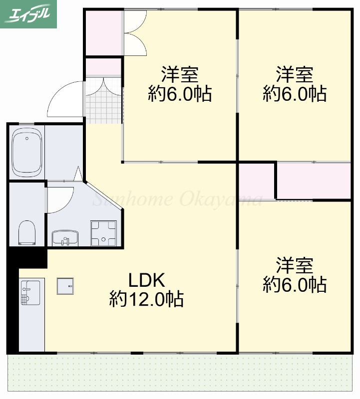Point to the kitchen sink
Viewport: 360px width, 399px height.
pyautogui.click(x=30, y=293)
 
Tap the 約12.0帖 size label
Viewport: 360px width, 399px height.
pyautogui.click(x=146, y=299)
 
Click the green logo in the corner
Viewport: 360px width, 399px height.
pyautogui.click(x=28, y=14)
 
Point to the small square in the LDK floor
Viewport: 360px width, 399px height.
pyautogui.click(x=65, y=286)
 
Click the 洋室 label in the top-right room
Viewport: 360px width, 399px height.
pyautogui.click(x=295, y=75)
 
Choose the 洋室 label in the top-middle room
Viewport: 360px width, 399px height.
pyautogui.click(x=180, y=75)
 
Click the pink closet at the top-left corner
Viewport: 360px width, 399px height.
pyautogui.click(x=103, y=32)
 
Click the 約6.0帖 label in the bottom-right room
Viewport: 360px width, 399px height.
pyautogui.click(x=295, y=285)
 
